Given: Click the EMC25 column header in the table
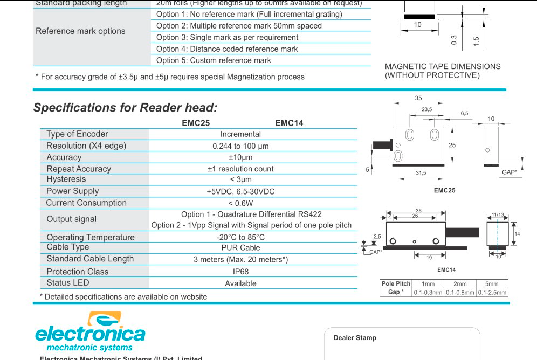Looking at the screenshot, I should pos(196,123).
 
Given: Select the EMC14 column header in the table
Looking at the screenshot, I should pos(289,123).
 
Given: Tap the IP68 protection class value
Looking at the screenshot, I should pos(240,272).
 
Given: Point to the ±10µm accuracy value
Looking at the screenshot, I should pos(240,157).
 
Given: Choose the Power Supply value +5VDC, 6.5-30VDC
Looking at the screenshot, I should pos(240,191).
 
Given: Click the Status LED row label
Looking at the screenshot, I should pos(68,283).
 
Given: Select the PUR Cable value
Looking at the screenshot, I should pos(240,248).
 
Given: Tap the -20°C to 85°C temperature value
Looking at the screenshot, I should pos(240,237).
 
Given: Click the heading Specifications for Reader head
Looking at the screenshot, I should pos(126,107).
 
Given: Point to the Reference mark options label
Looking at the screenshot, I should pos(80,31).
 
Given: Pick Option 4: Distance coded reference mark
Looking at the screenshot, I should pos(227,49).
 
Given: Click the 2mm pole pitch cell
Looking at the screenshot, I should pos(460,284).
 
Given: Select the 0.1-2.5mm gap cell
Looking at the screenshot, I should pos(492,293).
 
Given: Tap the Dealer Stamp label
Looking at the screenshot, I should pos(355,338).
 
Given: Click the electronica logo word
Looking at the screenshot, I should pos(90,333).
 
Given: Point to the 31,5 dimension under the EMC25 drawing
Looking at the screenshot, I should pos(421,173).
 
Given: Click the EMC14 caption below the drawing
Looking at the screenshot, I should pos(446,270).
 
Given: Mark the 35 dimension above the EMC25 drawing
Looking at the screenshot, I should pos(418,98).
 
